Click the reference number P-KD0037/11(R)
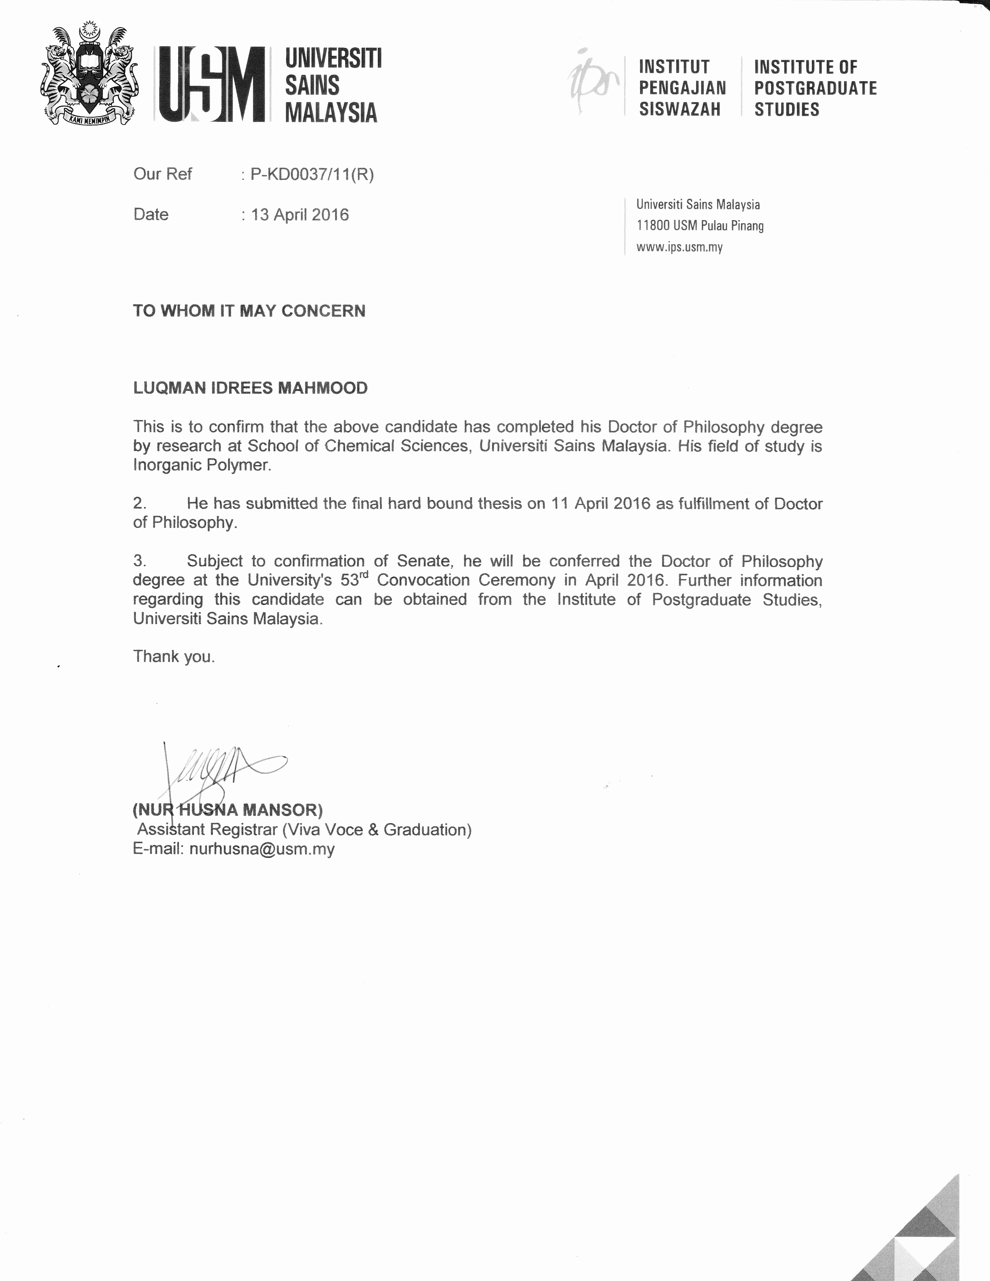coord(312,174)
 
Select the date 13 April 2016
coord(300,215)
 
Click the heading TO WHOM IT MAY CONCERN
coord(249,311)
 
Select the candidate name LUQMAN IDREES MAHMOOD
coord(250,388)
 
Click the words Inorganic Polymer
coord(202,465)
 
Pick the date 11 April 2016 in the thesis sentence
coord(601,503)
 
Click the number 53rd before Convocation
coord(354,580)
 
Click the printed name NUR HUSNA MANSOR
coord(228,810)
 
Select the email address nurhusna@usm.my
coord(262,849)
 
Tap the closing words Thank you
coord(174,656)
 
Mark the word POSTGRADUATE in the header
coord(815,88)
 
